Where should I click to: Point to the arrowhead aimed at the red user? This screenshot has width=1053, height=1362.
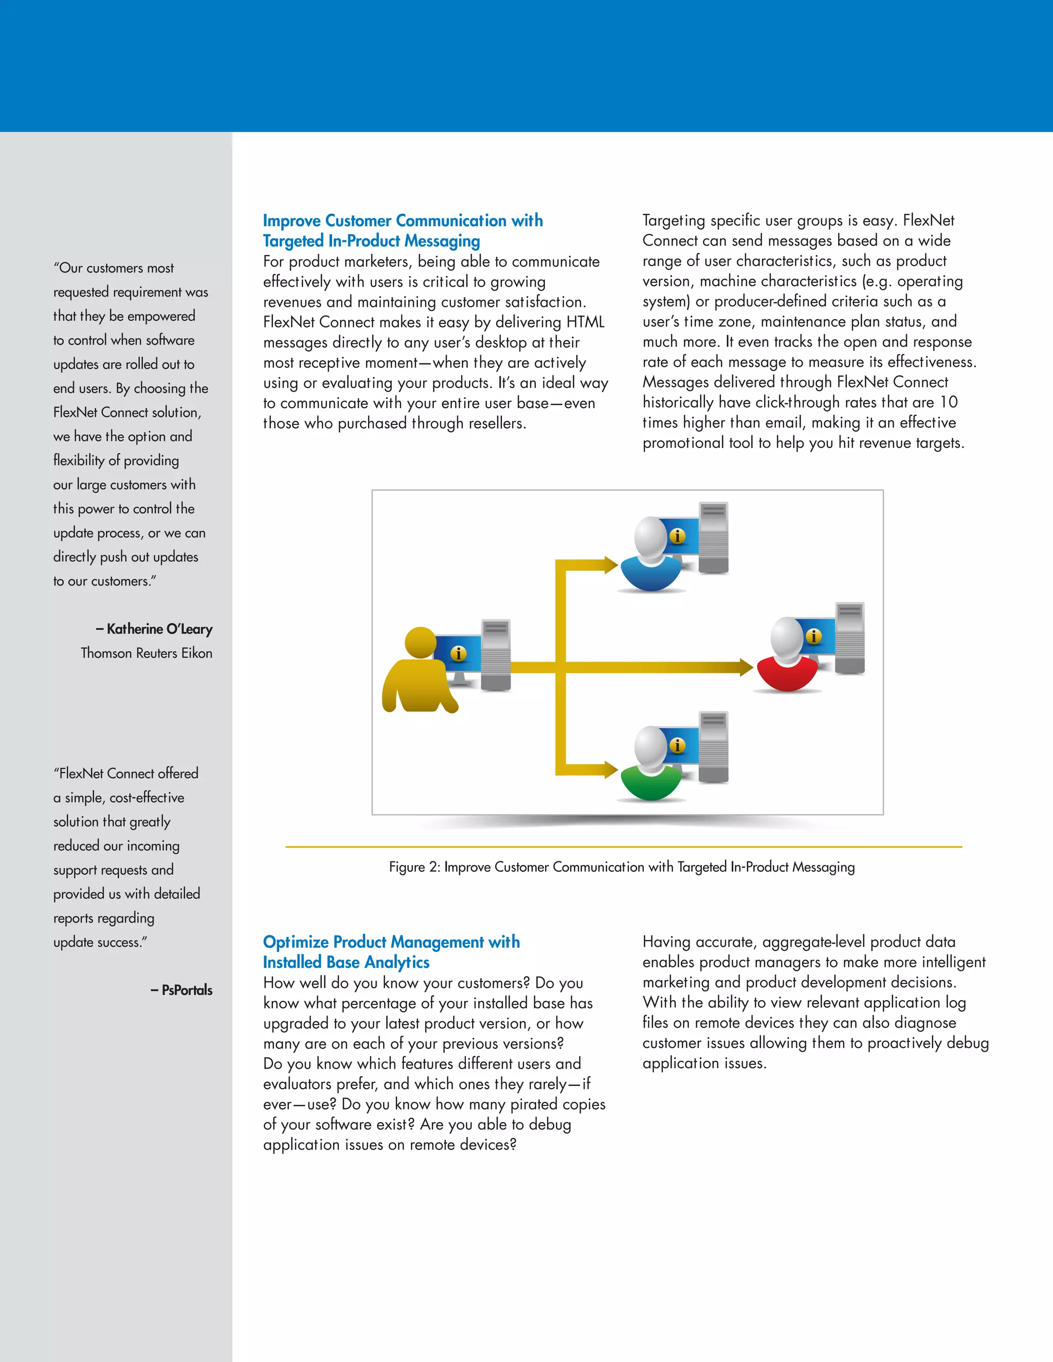746,667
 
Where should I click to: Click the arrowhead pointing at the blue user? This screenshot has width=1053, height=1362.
610,565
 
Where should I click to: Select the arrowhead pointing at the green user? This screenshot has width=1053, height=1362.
610,769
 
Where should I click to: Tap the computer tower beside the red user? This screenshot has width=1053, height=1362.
849,637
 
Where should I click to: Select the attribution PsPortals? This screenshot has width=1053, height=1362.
187,990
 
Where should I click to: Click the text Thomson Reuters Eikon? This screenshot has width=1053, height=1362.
147,653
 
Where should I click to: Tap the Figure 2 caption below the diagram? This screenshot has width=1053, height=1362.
621,867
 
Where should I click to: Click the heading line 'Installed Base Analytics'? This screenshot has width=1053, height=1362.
346,962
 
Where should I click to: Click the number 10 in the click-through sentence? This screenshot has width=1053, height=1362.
948,402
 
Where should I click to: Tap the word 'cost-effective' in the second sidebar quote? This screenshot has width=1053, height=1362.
147,798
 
